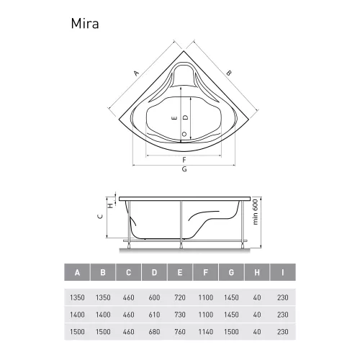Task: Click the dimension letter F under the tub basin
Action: coord(184,159)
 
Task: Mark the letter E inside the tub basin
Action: coord(174,117)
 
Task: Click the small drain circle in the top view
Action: coord(184,134)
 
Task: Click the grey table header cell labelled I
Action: coord(283,273)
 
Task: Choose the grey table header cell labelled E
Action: coord(180,273)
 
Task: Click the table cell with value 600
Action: coord(154,297)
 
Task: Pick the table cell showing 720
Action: coord(180,297)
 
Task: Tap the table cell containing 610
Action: coord(154,315)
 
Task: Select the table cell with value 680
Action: coord(154,333)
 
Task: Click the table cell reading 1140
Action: coord(206,333)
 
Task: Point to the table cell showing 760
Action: coord(180,333)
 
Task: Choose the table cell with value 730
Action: coord(180,315)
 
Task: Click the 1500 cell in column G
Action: coord(232,333)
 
